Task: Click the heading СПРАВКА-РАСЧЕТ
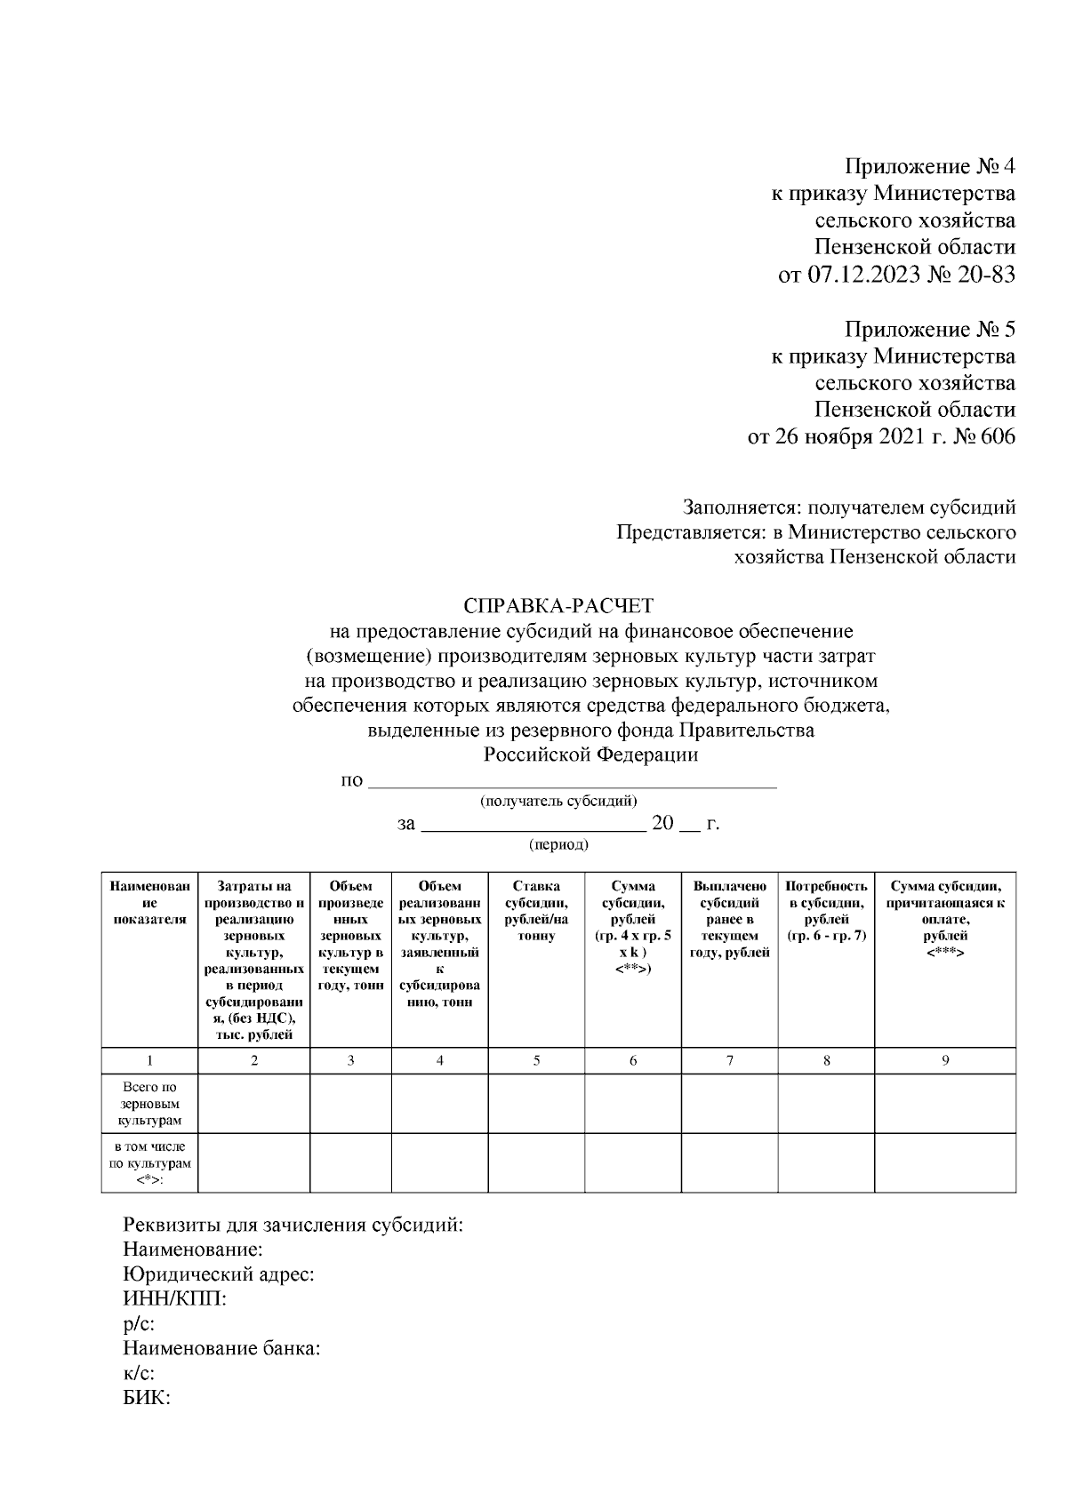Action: coord(558,606)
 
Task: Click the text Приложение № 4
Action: coord(929,166)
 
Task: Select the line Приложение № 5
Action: coord(929,330)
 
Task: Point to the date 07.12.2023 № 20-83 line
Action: coord(896,275)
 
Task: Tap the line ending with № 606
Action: coord(881,437)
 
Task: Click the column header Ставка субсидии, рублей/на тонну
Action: coord(536,911)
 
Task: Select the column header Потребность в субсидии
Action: coord(826,911)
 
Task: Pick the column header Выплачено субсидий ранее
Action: coord(729,920)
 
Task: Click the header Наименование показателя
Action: coord(149,903)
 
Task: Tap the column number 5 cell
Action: coord(536,1060)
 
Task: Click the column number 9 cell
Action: coord(945,1060)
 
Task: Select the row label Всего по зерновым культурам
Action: coord(149,1104)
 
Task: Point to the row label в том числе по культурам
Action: coord(149,1162)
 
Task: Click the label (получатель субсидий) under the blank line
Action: coord(558,801)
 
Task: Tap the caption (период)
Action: coord(558,844)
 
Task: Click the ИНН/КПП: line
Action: coord(174,1299)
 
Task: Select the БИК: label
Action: coord(147,1398)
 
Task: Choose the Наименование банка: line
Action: coord(221,1348)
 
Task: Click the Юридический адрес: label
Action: coord(218,1274)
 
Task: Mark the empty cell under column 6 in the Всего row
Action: coord(633,1104)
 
